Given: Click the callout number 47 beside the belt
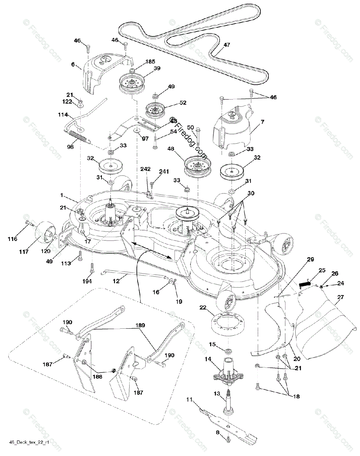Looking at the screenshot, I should click(227, 45).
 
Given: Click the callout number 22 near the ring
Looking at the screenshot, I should click(203, 308).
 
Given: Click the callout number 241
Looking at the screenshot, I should click(163, 172).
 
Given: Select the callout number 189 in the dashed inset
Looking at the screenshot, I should click(140, 326).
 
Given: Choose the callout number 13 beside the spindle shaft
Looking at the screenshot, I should click(216, 394).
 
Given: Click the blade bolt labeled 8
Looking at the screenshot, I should click(228, 439).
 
